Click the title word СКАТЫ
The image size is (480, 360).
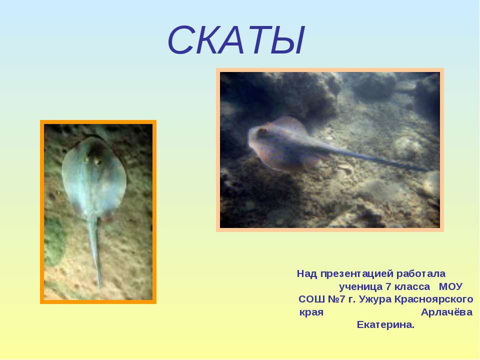click(236, 40)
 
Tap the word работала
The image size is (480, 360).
click(421, 273)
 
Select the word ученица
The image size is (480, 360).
click(360, 287)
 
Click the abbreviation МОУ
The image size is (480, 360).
click(450, 287)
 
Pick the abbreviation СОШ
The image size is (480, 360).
click(311, 299)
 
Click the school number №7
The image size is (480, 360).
click(336, 299)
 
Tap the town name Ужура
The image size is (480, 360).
click(375, 299)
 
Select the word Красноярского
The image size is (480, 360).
click(434, 299)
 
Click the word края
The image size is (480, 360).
click(311, 312)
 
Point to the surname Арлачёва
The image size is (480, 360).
click(446, 312)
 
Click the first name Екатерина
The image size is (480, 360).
click(385, 324)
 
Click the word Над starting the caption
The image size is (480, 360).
click(307, 273)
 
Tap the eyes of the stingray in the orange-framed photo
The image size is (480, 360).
click(93, 160)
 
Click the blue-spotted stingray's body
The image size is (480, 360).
click(279, 144)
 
